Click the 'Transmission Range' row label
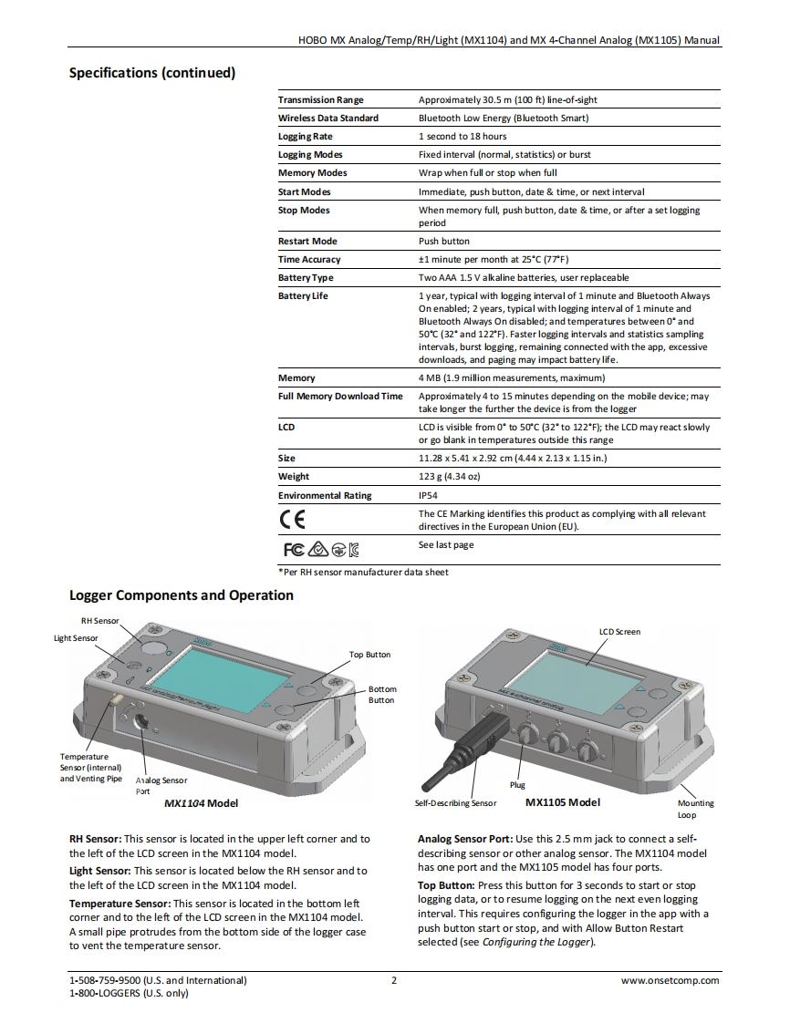pos(320,99)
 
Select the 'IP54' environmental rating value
pos(428,496)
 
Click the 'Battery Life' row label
pos(303,296)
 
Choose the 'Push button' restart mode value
pos(444,242)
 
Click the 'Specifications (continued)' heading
pos(152,73)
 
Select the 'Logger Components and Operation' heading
pos(182,595)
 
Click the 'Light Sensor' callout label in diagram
pos(76,638)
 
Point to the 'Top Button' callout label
pos(369,655)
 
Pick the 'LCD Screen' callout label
pos(619,632)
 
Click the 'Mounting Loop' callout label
pos(696,809)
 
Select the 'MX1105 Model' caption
pos(564,803)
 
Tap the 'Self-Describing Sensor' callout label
pos(455,803)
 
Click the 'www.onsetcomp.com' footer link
pos(670,981)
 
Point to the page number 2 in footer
pos(394,981)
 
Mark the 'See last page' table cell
pos(446,545)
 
